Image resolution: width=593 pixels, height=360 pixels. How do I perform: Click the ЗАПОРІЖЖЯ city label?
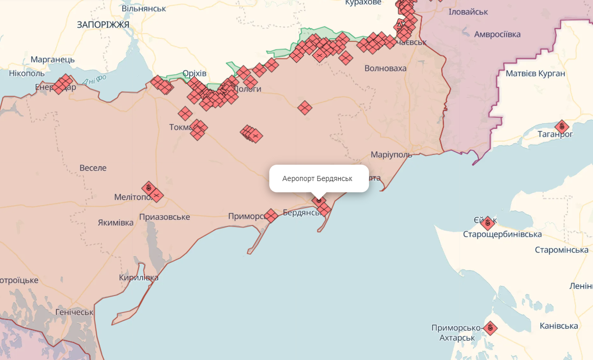103,25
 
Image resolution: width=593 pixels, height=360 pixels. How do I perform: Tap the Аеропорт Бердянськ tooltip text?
317,179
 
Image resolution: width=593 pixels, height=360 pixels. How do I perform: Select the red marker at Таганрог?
562,126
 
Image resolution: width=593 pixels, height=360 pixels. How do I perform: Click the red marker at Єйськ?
488,222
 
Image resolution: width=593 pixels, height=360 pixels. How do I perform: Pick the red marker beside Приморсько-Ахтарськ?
490,327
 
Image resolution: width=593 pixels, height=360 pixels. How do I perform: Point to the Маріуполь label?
391,155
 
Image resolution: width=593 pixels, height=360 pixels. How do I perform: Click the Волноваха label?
385,69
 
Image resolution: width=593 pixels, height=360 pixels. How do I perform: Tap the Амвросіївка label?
497,34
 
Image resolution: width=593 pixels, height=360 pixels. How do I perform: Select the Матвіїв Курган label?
535,74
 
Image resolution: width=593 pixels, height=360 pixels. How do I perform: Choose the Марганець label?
52,59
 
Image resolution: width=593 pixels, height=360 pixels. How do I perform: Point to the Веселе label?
93,168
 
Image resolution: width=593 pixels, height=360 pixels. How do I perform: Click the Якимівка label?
116,222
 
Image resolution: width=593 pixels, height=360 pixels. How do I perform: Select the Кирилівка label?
138,278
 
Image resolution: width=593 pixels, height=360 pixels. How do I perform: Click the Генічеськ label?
74,312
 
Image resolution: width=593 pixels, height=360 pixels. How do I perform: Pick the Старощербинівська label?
502,234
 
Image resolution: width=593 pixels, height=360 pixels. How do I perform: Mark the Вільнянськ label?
144,9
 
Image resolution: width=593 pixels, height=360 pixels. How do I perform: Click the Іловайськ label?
468,12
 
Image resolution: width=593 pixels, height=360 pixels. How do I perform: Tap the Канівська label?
559,326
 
